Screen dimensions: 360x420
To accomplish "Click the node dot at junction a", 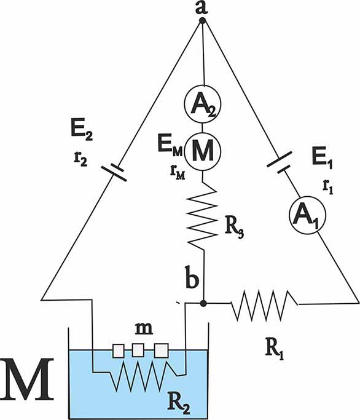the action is point(203,21).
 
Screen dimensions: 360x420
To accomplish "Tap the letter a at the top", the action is point(202,7).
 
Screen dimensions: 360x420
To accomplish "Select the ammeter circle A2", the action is point(203,104).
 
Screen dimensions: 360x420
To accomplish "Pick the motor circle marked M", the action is point(203,151).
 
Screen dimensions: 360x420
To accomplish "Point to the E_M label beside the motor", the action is point(170,146).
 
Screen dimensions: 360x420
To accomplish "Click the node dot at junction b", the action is point(203,303).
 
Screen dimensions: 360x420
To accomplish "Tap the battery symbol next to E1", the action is point(279,163).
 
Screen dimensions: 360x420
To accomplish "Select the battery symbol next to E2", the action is point(114,172).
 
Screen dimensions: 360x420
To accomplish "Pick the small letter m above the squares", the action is point(144,328).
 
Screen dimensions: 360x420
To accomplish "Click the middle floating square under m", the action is point(138,351).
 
